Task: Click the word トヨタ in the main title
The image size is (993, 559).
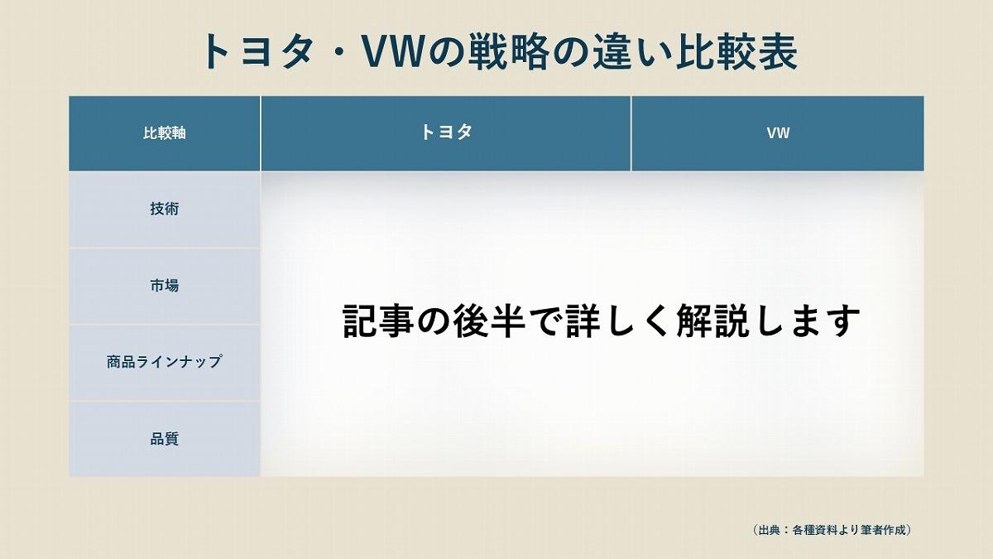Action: [257, 51]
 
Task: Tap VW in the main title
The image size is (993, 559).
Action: [392, 51]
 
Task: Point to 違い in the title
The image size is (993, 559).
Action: [631, 51]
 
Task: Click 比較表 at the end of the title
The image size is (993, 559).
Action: [736, 51]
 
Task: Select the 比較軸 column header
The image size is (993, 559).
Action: [165, 133]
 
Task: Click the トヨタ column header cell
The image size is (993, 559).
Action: [446, 133]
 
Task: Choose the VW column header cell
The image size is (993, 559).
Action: [778, 133]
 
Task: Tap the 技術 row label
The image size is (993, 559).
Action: [165, 209]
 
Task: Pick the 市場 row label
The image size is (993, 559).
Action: [165, 286]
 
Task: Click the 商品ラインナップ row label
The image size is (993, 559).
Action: [164, 362]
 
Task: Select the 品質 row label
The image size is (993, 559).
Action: [165, 439]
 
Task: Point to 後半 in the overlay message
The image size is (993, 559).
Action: [489, 320]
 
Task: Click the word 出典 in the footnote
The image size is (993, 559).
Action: [769, 530]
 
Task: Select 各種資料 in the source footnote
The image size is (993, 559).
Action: [814, 530]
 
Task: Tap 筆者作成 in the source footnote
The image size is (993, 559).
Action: [884, 530]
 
